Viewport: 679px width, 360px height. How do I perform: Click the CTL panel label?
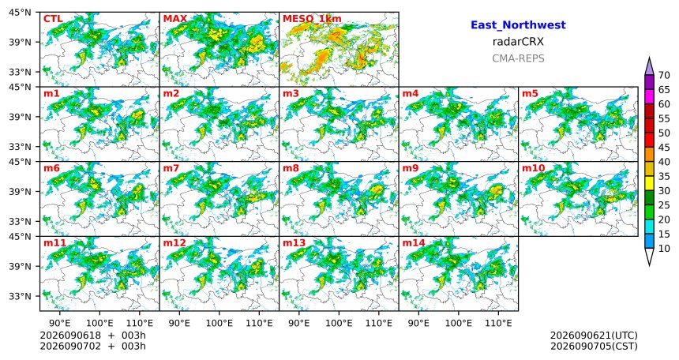coord(53,19)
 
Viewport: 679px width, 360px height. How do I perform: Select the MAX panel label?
coord(175,19)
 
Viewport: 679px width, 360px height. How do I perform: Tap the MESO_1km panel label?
coord(312,19)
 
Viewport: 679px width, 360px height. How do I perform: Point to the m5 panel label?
coord(531,94)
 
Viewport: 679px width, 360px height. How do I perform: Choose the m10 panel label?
coord(534,168)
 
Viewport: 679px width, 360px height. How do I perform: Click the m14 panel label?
coord(414,243)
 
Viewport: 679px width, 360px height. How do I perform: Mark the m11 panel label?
coord(55,243)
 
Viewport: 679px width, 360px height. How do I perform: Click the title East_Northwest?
coord(518,25)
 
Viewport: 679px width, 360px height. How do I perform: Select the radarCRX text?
coord(518,42)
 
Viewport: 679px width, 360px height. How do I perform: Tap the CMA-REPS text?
coord(518,58)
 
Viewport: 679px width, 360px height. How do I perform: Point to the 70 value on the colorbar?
coord(664,75)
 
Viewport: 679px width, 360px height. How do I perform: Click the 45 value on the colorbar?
coord(664,148)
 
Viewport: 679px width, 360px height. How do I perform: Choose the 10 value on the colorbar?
coord(664,248)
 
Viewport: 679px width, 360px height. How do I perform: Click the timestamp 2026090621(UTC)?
coord(594,336)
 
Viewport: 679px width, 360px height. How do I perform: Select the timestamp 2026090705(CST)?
coord(594,346)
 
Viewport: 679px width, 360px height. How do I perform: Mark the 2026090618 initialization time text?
coord(70,336)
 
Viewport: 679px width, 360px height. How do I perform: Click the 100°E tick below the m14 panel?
coord(459,323)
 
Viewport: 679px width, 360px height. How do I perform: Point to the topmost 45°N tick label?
coord(20,13)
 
